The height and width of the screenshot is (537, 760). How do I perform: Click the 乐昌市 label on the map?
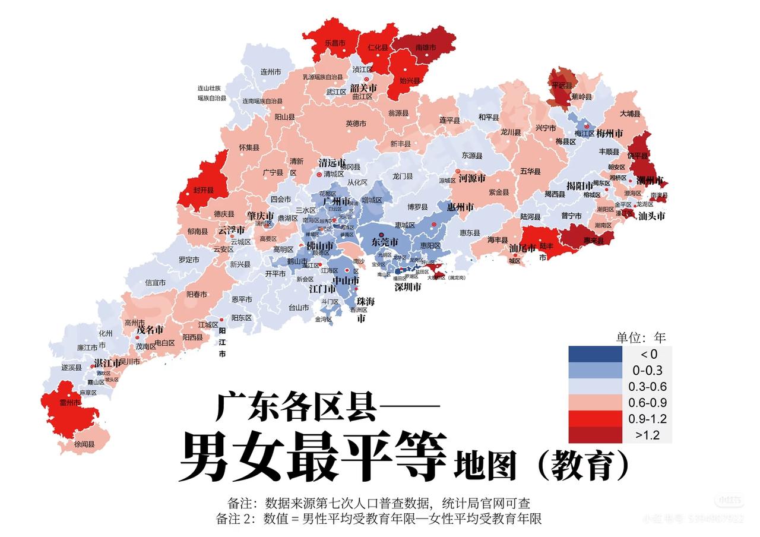[x=335, y=43]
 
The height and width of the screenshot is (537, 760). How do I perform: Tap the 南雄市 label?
[x=426, y=48]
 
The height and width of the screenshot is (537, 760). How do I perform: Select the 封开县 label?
[x=202, y=191]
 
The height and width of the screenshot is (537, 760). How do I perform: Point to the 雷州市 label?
[x=69, y=403]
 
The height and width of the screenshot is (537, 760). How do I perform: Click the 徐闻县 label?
[x=84, y=444]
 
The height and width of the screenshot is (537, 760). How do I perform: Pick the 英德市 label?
[x=356, y=124]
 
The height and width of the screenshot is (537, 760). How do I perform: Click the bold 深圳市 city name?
[x=408, y=287]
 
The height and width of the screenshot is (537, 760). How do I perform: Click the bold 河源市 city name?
[x=472, y=178]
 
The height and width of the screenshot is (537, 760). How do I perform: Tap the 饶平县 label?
[x=638, y=156]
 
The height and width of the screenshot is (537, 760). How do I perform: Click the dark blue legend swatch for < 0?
[x=595, y=354]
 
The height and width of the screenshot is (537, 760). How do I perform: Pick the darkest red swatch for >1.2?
[x=595, y=435]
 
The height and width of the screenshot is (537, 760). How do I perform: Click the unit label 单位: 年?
[x=641, y=337]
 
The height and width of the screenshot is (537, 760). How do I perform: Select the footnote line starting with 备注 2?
[x=379, y=519]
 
